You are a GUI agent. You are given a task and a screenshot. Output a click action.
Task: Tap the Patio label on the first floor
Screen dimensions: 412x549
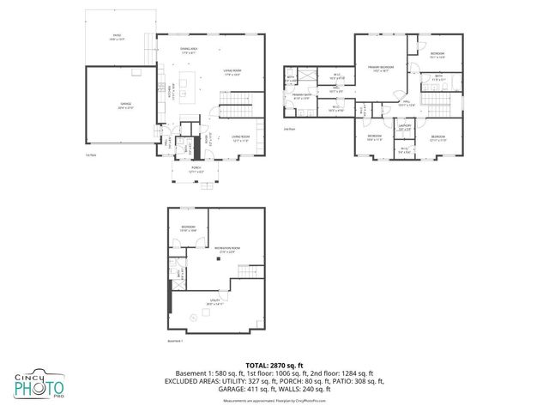pos(118,37)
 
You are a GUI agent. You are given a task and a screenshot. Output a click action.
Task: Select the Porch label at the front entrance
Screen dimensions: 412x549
pos(196,170)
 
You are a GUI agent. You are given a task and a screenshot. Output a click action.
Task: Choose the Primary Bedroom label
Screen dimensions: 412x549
pos(382,68)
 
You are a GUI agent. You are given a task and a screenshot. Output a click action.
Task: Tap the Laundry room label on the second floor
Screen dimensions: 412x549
pos(406,128)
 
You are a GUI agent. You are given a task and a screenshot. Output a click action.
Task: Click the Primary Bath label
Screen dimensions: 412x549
pos(301,97)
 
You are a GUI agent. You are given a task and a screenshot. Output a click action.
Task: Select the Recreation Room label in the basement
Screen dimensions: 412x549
pos(226,250)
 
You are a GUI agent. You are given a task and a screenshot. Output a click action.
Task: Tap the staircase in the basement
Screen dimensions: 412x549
pos(249,272)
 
